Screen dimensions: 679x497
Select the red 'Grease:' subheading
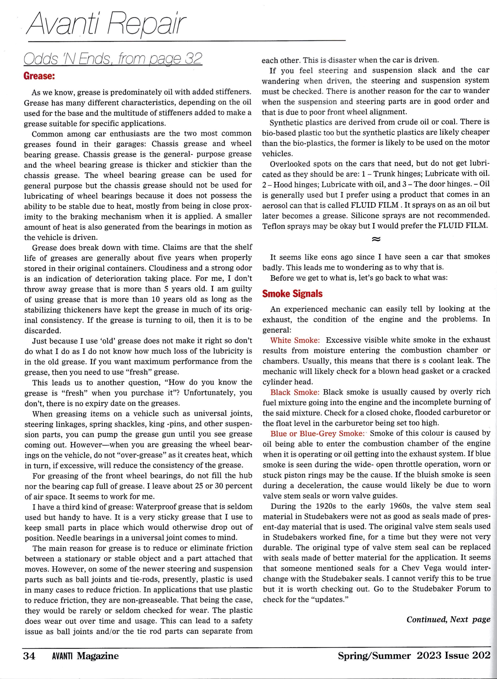point(39,76)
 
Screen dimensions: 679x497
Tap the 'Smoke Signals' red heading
point(292,294)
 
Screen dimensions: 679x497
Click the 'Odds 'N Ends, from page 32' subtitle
point(113,59)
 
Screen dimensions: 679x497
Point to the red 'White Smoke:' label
point(294,340)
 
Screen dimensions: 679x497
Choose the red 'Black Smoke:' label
point(294,392)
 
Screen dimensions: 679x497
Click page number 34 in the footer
point(29,656)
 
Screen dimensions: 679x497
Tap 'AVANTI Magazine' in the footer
point(85,656)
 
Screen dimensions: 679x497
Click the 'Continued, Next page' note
point(448,619)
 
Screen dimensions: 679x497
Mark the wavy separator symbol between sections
point(376,239)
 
